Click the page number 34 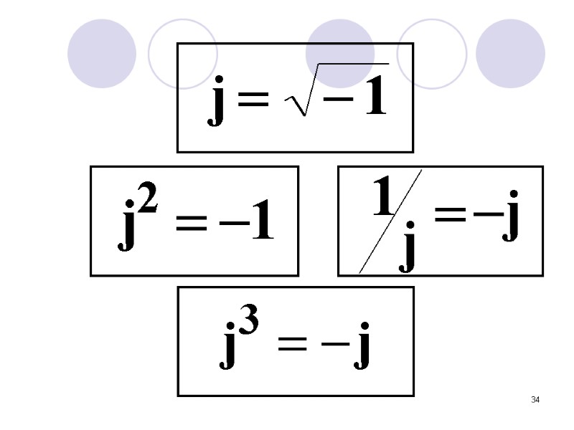535,399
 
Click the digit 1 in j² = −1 260,222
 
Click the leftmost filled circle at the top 102,53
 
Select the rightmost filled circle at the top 510,53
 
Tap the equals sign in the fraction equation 450,215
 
